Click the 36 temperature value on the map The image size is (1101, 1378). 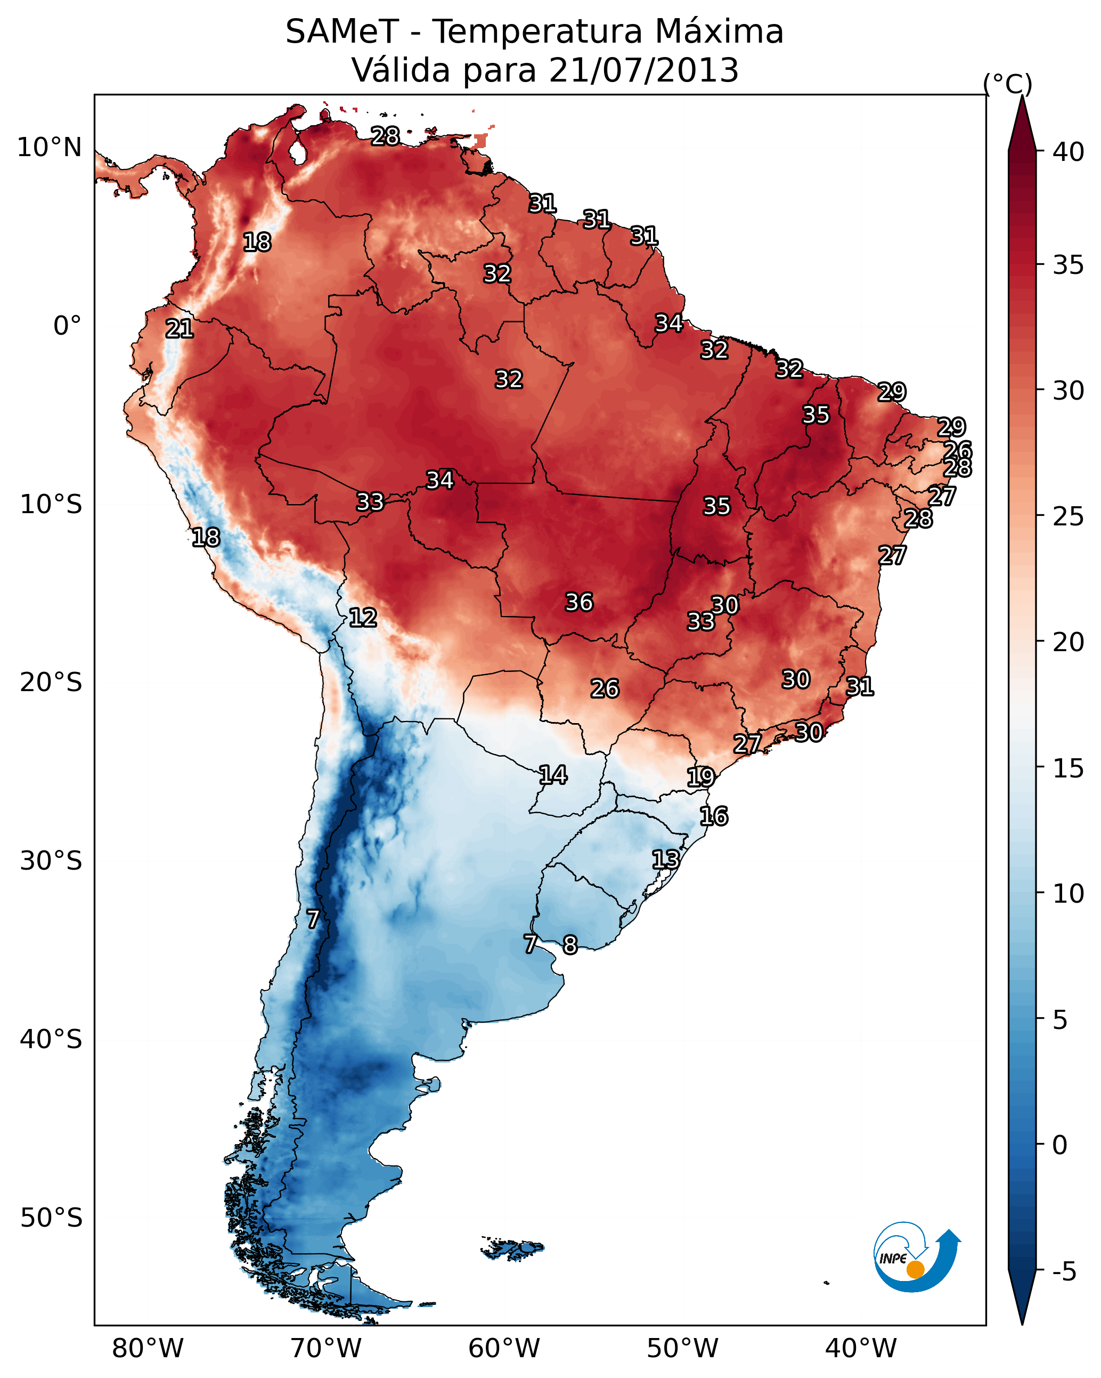point(579,602)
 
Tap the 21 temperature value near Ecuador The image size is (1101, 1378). point(179,329)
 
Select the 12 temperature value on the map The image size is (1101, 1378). point(362,618)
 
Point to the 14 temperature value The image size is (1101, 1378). point(553,775)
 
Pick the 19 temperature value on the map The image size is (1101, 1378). point(700,777)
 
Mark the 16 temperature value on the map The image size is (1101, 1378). point(713,816)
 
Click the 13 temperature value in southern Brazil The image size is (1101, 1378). point(665,859)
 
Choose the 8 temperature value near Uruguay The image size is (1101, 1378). point(570,945)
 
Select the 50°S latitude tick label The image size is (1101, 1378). point(51,1218)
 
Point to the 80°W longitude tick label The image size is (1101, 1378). point(148,1349)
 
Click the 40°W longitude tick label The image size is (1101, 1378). point(861,1349)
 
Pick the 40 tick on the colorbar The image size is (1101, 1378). point(1068,152)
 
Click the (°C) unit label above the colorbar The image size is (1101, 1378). point(1007,84)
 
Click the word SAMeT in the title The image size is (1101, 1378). point(342,32)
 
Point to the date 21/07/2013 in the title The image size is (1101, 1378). point(643,70)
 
